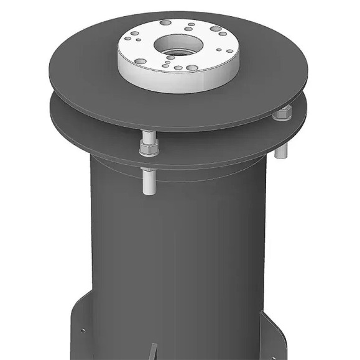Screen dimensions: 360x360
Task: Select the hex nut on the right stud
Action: point(284,114)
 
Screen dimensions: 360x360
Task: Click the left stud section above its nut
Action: point(148,137)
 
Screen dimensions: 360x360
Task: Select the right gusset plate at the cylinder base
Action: point(274,339)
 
